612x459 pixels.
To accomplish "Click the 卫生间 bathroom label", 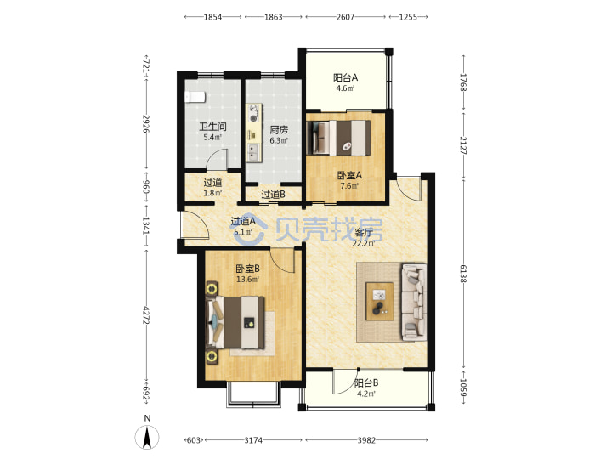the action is click(x=212, y=127).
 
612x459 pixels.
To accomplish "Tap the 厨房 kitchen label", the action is click(x=279, y=129).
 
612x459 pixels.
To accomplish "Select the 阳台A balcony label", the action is click(x=345, y=77).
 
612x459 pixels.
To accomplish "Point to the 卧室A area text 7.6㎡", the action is click(x=349, y=186).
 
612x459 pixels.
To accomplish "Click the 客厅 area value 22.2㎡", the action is click(x=364, y=244).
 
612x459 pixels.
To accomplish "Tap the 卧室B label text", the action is click(x=248, y=269).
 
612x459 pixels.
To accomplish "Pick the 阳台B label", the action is click(x=366, y=383).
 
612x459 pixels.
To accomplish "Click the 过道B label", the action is click(x=273, y=194).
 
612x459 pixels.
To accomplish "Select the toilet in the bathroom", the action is click(x=195, y=97).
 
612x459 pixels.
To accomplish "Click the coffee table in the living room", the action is click(x=379, y=301).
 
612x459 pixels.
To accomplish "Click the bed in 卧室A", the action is click(x=338, y=138).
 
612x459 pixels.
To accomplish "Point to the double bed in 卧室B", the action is click(x=235, y=323).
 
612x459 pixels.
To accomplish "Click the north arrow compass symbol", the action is click(x=147, y=437).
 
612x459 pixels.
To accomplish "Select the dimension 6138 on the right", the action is click(x=463, y=273).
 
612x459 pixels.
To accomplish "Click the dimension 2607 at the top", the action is click(x=345, y=17).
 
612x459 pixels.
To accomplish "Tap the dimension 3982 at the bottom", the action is click(x=366, y=440).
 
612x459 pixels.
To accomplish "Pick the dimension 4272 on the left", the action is click(x=146, y=315).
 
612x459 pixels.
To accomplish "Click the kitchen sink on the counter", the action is click(x=253, y=151).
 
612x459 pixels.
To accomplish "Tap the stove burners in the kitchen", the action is click(x=254, y=113).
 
